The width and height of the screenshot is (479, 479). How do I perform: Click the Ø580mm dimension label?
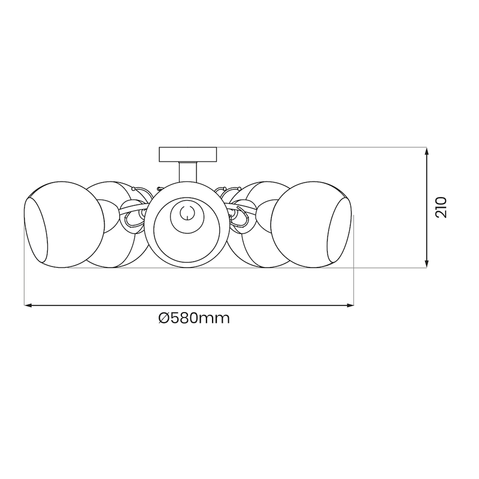point(195,318)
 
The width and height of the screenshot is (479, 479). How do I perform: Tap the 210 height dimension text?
point(441,207)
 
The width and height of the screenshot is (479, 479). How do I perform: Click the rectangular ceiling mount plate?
point(188,154)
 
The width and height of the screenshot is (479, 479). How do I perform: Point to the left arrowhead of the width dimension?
point(28,306)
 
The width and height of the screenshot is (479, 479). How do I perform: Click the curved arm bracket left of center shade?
point(133,216)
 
